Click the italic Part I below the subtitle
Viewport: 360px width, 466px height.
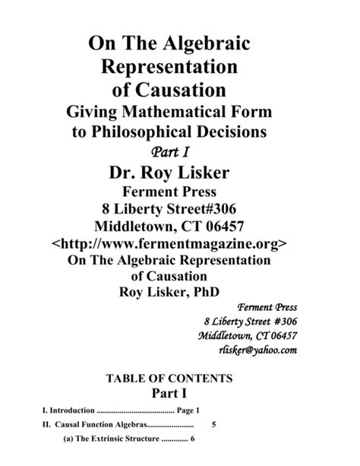click(x=181, y=151)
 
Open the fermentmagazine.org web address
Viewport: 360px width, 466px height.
click(x=180, y=244)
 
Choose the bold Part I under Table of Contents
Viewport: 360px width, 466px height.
click(x=180, y=394)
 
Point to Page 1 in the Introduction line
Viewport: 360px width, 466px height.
click(x=188, y=411)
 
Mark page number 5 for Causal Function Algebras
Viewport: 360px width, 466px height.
click(x=215, y=425)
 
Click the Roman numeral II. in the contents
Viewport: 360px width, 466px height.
click(x=46, y=425)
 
